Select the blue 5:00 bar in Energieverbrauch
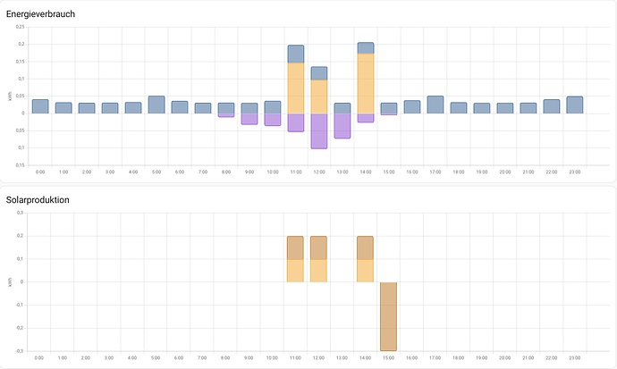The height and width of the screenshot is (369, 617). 156,105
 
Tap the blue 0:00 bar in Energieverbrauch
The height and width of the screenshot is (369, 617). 40,107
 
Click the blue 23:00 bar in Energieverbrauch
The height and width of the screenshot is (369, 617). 575,105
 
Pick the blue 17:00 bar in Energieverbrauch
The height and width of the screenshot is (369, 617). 435,105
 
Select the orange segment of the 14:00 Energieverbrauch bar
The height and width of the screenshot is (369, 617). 366,84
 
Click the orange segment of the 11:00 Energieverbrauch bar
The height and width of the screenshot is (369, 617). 296,88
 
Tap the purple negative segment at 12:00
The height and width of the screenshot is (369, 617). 319,130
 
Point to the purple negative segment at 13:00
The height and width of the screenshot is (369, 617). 342,126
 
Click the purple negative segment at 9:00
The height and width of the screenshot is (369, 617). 249,119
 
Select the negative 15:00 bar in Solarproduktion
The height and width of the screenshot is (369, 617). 389,316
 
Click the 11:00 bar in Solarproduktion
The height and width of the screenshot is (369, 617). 296,259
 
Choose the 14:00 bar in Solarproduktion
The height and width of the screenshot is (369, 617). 366,259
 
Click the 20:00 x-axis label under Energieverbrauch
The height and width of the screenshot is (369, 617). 505,171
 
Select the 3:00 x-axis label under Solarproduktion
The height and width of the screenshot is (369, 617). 110,357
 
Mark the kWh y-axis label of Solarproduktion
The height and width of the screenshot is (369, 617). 10,282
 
